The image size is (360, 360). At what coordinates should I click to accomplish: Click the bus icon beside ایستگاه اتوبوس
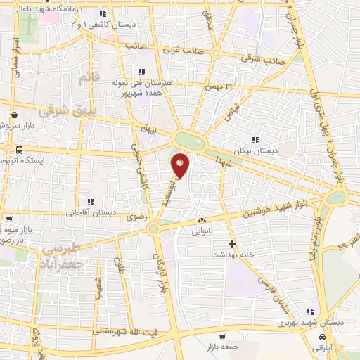point(19,150)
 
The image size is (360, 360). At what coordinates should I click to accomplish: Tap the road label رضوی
point(134,219)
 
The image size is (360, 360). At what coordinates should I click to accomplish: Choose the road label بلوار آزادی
point(159,265)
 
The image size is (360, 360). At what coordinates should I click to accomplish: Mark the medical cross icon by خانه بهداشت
point(233,244)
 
